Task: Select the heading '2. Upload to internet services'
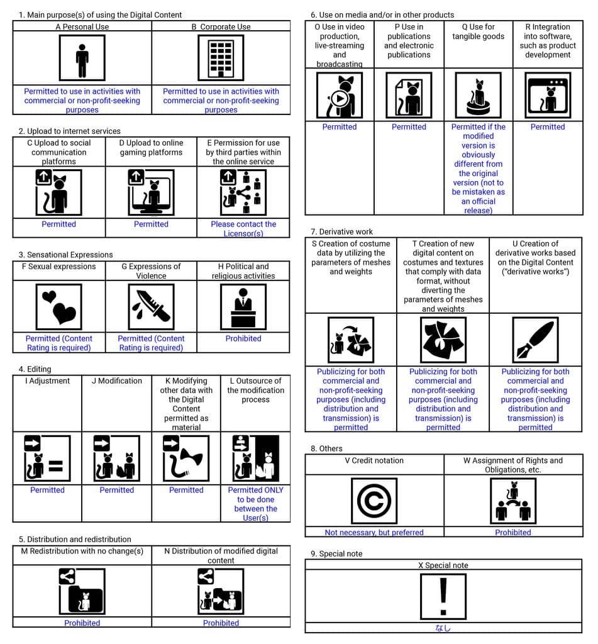69,131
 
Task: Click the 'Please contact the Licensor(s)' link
243,228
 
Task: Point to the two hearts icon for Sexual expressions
58,307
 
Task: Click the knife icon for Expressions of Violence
151,307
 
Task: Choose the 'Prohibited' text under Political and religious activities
243,338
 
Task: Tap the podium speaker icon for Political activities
243,307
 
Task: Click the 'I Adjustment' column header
48,380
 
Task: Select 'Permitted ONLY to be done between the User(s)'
255,504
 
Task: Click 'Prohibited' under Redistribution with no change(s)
82,623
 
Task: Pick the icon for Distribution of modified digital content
221,592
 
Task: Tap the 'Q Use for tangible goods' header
479,31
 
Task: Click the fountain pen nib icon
535,340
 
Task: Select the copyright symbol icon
374,501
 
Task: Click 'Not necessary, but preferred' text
374,532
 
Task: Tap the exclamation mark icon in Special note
443,596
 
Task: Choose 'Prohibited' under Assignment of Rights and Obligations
513,532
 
